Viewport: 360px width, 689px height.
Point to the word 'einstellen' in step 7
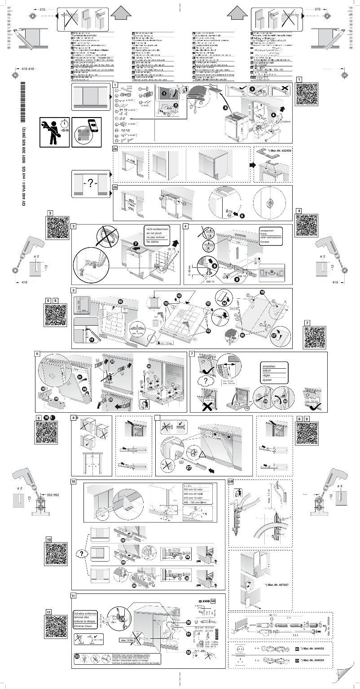(268, 366)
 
